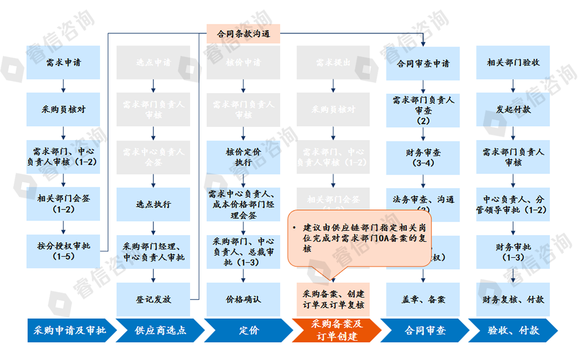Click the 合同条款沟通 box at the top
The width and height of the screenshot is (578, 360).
coord(243,33)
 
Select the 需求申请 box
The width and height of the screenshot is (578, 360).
coord(63,62)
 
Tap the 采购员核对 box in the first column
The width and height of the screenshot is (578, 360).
coord(63,109)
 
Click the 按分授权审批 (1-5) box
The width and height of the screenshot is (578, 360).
coord(63,251)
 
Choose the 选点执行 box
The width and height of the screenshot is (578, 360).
coord(153,204)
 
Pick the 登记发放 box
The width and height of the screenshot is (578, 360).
coord(153,299)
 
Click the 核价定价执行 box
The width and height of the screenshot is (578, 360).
coord(243,157)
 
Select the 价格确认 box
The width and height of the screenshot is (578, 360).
coord(243,299)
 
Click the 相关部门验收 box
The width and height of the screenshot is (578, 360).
coord(513,62)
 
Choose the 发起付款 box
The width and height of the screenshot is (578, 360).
coord(513,109)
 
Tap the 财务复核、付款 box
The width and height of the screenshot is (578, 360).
coord(513,299)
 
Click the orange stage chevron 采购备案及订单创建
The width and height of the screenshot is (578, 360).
coord(336,331)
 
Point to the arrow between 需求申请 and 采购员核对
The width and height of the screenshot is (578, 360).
coord(63,86)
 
